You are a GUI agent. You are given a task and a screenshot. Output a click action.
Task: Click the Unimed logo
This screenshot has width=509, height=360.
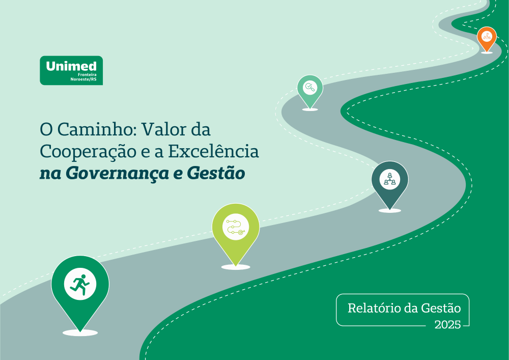coord(71,70)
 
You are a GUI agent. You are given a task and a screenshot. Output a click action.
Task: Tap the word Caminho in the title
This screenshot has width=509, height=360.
coord(96,129)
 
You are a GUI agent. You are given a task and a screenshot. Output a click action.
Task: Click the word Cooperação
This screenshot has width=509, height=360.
coord(88,152)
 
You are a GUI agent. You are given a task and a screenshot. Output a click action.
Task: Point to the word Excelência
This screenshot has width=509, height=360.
coord(213,151)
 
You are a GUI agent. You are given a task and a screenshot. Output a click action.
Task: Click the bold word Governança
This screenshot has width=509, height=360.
coord(117,173)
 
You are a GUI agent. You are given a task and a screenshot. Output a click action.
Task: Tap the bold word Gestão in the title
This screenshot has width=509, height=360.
coord(216,173)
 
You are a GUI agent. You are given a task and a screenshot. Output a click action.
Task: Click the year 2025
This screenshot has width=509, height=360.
coord(447,324)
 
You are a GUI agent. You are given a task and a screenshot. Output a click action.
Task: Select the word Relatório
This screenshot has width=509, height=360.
coord(374,308)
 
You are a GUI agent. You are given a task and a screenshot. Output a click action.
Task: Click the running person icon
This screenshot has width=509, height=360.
coord(80,284)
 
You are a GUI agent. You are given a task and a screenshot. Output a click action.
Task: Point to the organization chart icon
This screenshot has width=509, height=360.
coord(390,179)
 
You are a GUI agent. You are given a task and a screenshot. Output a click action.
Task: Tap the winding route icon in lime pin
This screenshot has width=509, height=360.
coord(236,227)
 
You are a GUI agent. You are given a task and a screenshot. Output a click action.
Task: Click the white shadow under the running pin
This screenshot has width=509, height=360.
coord(80,333)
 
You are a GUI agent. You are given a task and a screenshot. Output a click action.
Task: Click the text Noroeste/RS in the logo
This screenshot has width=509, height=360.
coord(83,79)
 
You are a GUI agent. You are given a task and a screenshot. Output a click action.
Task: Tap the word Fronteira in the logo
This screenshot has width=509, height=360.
coord(87,75)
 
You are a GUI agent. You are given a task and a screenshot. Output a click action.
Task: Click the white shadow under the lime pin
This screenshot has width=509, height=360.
coord(236,267)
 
